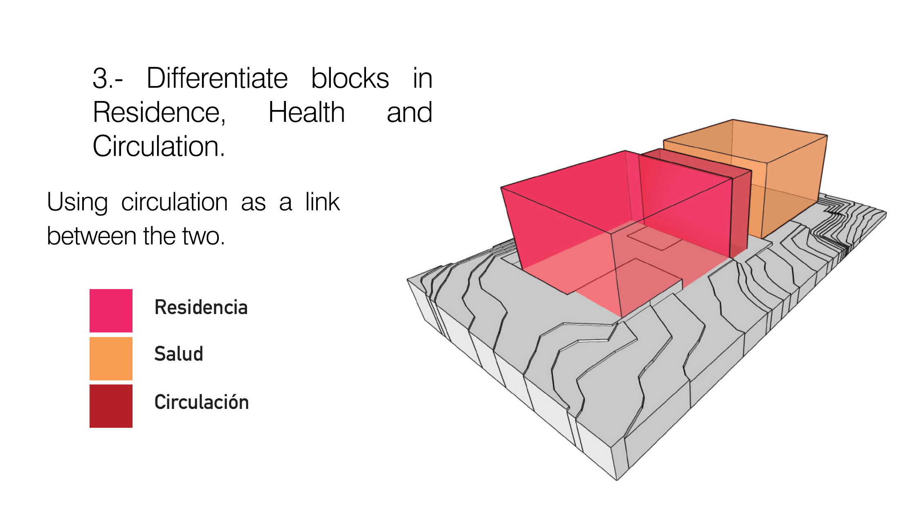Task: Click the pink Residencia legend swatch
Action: (111, 311)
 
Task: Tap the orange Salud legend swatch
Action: (111, 359)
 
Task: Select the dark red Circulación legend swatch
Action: (111, 406)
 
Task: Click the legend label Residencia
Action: (201, 308)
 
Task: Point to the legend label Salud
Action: (179, 354)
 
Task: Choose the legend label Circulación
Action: (202, 402)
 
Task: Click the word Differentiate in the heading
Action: (217, 78)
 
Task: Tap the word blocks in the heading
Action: (350, 78)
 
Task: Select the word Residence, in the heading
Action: (159, 112)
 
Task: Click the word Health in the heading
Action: (306, 112)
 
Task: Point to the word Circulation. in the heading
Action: (159, 146)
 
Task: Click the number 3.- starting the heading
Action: (107, 78)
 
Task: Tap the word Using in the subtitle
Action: (77, 202)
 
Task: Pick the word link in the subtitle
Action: (323, 202)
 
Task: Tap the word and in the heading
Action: (409, 112)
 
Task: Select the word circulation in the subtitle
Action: (174, 202)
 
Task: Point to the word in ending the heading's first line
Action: (422, 78)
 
